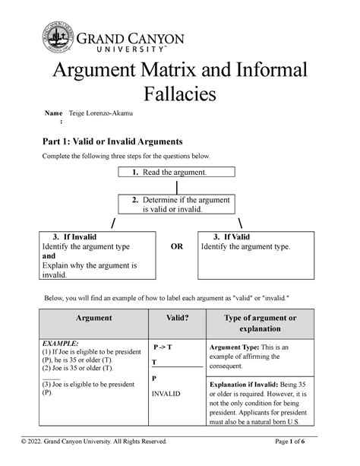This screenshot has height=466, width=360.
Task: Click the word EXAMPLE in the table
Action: point(61,343)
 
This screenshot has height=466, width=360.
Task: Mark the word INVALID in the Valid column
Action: point(166,395)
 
